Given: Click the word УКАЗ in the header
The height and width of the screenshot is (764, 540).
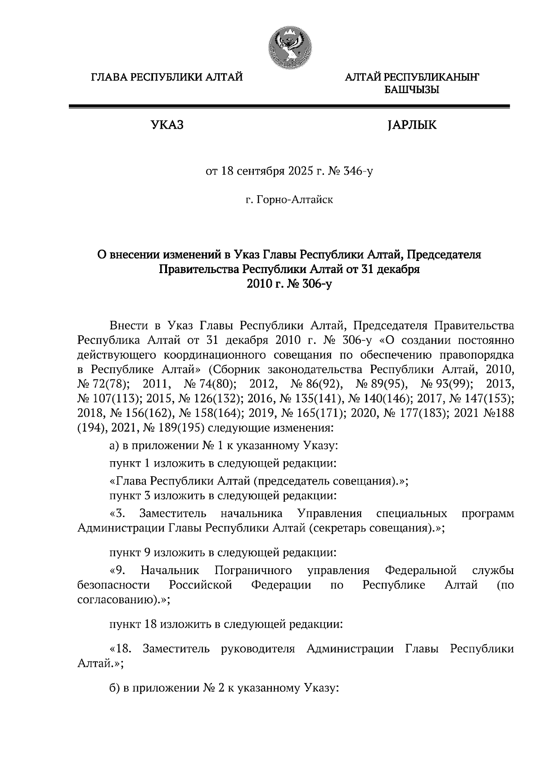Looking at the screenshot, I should tap(167, 125).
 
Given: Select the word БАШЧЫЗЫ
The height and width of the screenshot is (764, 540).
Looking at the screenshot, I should tap(411, 90).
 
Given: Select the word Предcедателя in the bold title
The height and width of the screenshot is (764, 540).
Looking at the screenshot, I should tap(445, 255).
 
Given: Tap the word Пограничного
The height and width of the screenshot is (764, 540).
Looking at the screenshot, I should tap(253, 571).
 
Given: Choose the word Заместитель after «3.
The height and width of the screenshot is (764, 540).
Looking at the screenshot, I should tap(173, 514).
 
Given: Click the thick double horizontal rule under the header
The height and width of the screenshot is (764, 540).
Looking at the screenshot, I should tap(289, 107).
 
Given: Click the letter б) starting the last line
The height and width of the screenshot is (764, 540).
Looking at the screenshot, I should tap(114, 688).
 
